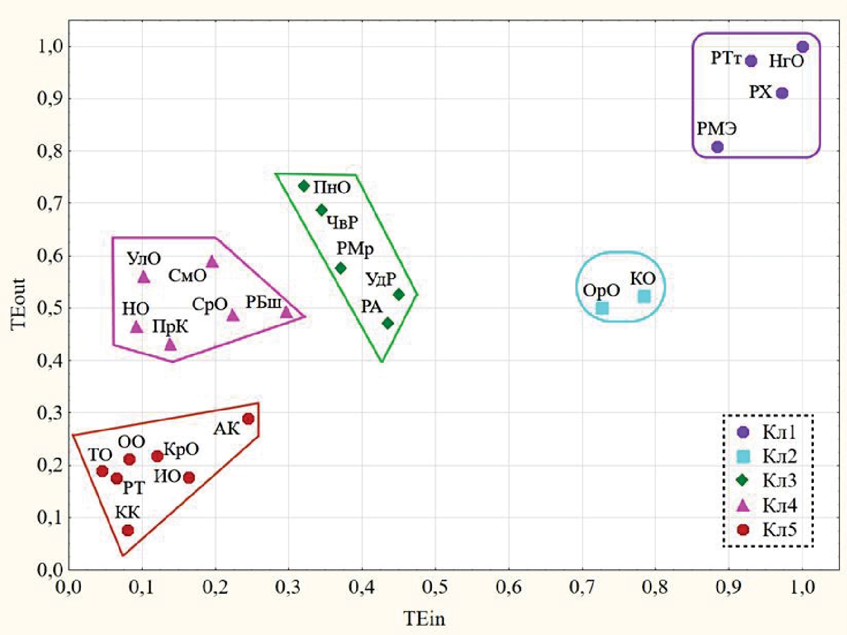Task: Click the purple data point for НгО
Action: [x=802, y=47]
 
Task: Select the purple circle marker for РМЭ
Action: [x=717, y=147]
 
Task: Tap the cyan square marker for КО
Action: [x=644, y=296]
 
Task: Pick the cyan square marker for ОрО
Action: [x=602, y=308]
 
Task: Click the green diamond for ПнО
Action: [x=304, y=186]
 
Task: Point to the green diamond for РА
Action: [x=388, y=323]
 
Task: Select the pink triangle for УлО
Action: [x=143, y=277]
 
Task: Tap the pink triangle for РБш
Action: [x=286, y=312]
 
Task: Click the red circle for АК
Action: [x=248, y=419]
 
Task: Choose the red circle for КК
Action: [x=128, y=530]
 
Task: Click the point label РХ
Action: [x=760, y=92]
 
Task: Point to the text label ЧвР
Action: [x=342, y=222]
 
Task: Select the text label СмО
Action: [x=187, y=276]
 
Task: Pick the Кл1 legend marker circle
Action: [x=743, y=432]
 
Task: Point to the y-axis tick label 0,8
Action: [x=49, y=151]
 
